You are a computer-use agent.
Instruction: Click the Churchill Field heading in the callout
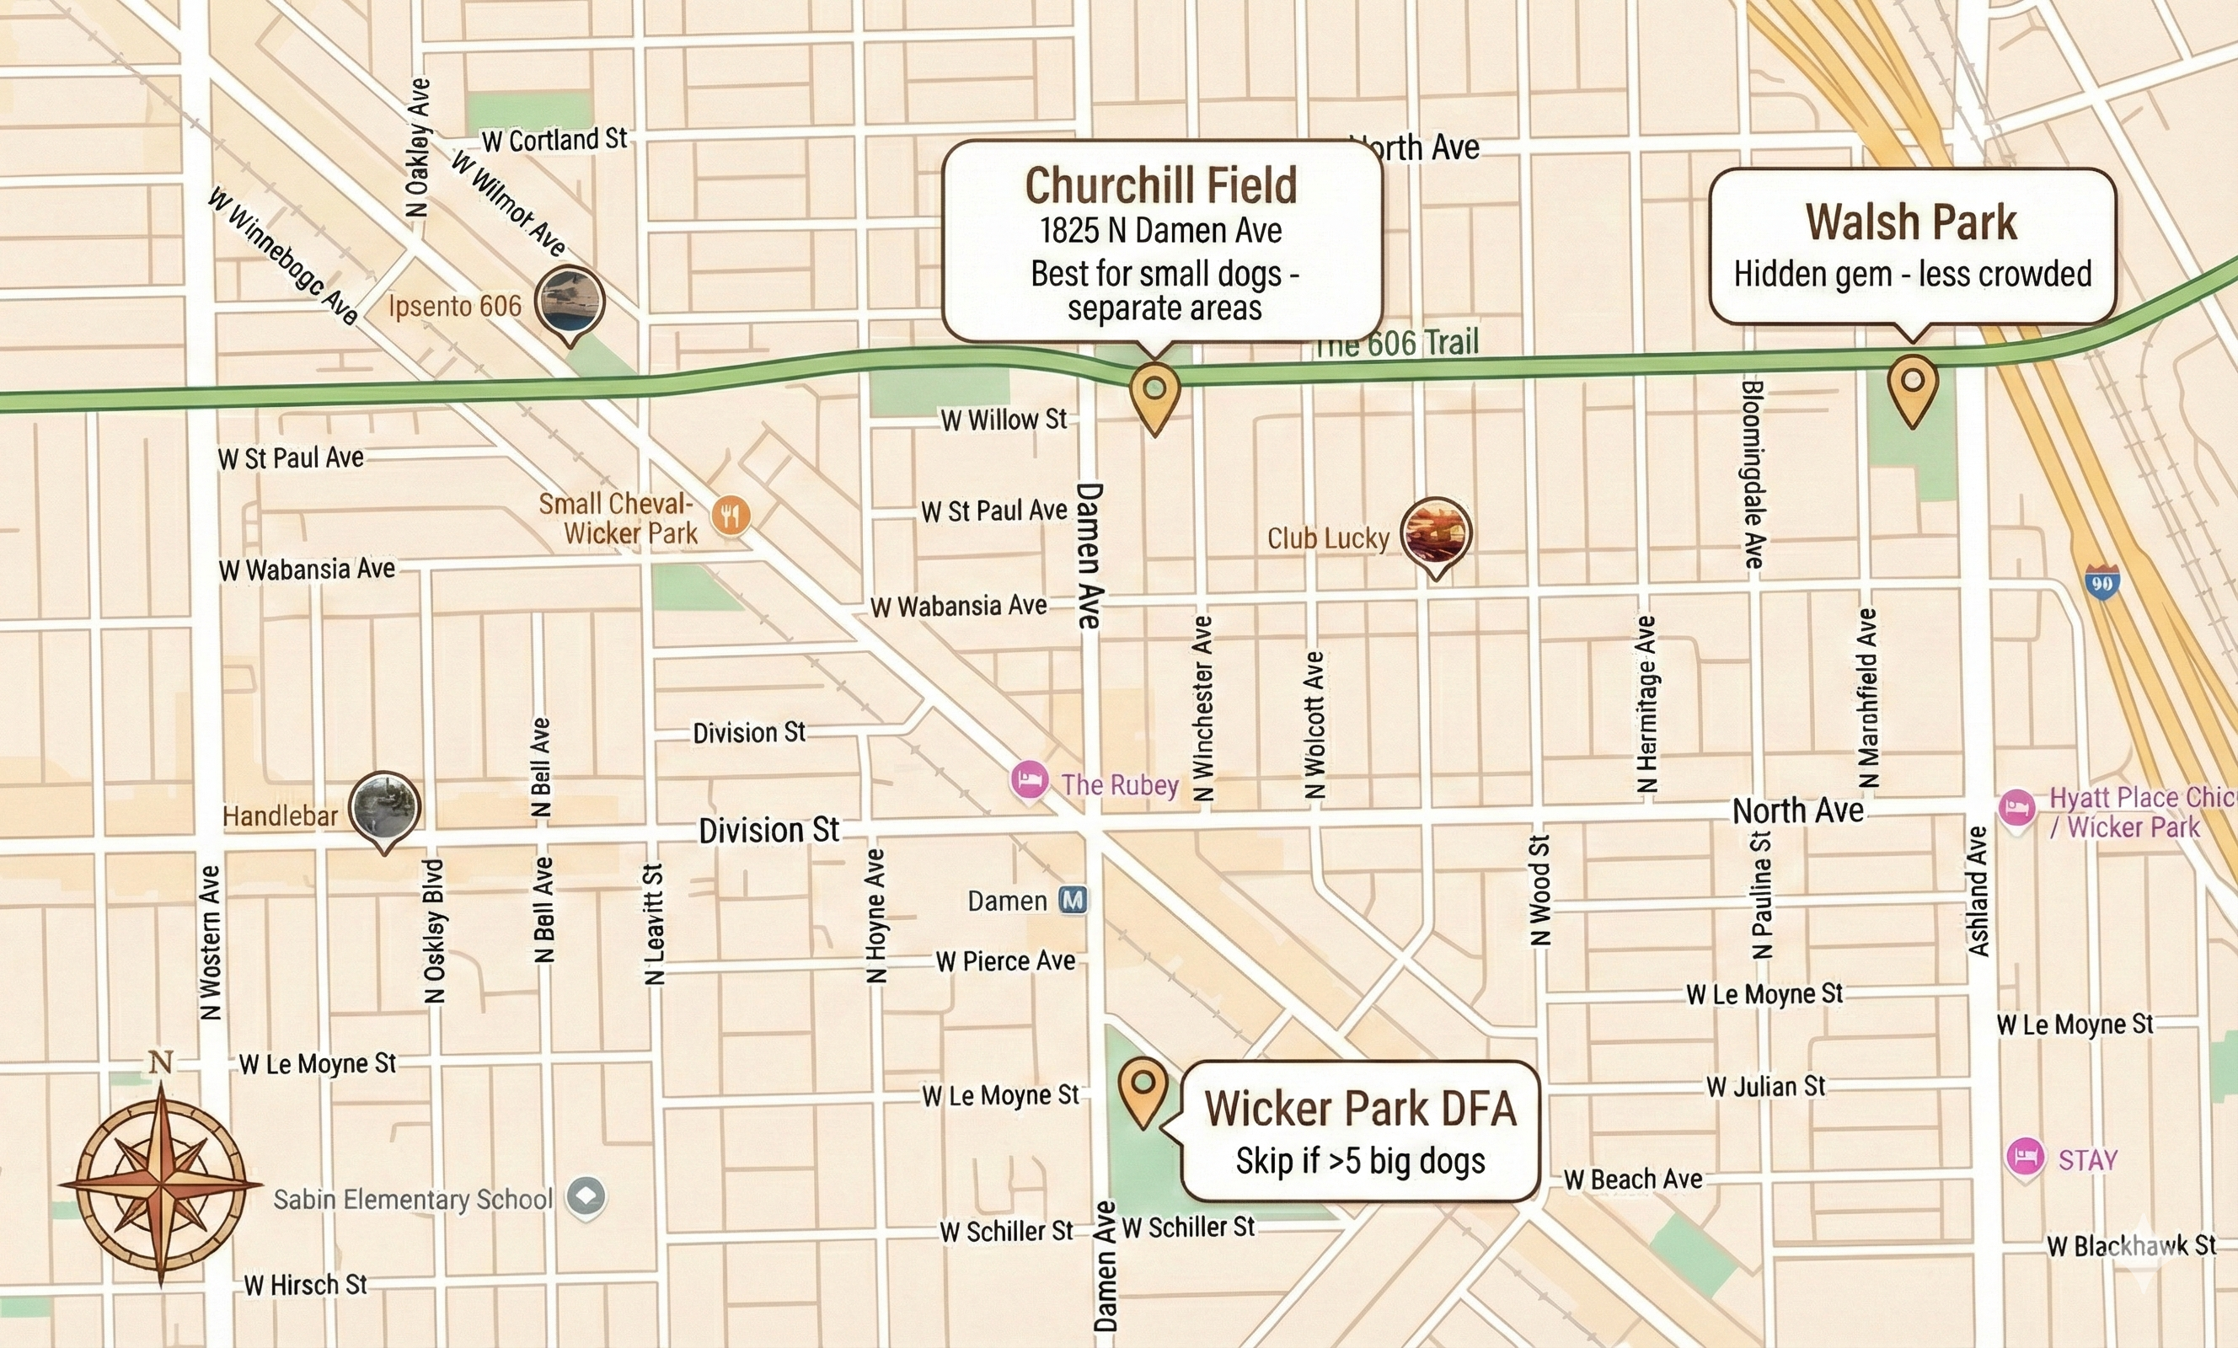[1161, 186]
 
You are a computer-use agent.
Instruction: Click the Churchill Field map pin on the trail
[1154, 392]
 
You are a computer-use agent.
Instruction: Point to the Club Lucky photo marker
[1435, 533]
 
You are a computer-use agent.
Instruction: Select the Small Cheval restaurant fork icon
[731, 516]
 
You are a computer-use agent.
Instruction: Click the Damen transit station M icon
[1073, 900]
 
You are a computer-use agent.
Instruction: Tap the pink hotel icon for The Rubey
[1029, 780]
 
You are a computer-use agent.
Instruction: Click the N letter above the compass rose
[161, 1061]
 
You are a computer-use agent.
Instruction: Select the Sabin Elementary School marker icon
[586, 1196]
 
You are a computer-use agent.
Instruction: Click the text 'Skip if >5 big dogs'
[1360, 1161]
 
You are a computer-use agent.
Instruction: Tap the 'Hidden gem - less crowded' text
[1912, 274]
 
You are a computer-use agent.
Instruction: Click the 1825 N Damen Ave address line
[1161, 231]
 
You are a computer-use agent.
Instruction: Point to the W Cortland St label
[554, 140]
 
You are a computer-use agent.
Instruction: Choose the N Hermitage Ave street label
[1646, 704]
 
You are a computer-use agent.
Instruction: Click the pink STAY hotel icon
[2025, 1158]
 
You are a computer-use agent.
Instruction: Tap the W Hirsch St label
[305, 1286]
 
